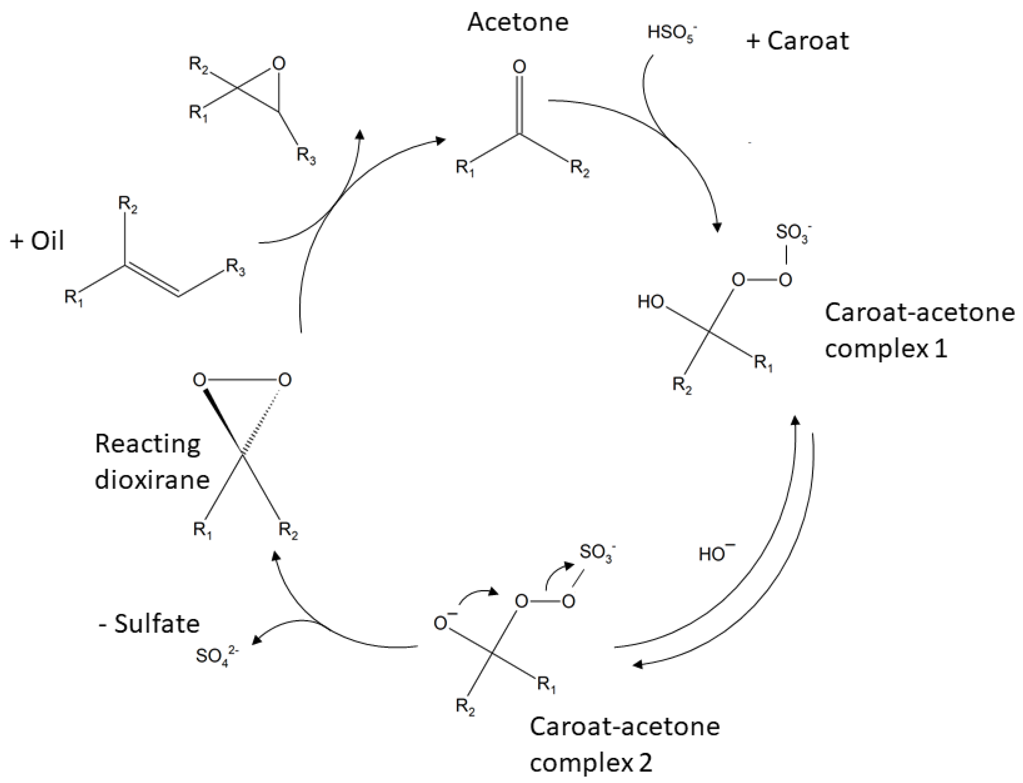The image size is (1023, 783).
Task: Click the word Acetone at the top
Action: (518, 22)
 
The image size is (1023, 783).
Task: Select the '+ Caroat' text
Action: (797, 41)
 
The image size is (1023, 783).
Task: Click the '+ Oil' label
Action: (37, 241)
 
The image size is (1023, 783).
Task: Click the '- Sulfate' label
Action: (149, 624)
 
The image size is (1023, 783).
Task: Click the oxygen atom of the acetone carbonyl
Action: (519, 67)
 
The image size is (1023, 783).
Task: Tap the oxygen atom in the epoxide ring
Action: (278, 64)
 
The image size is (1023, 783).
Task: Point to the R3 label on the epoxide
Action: (306, 155)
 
